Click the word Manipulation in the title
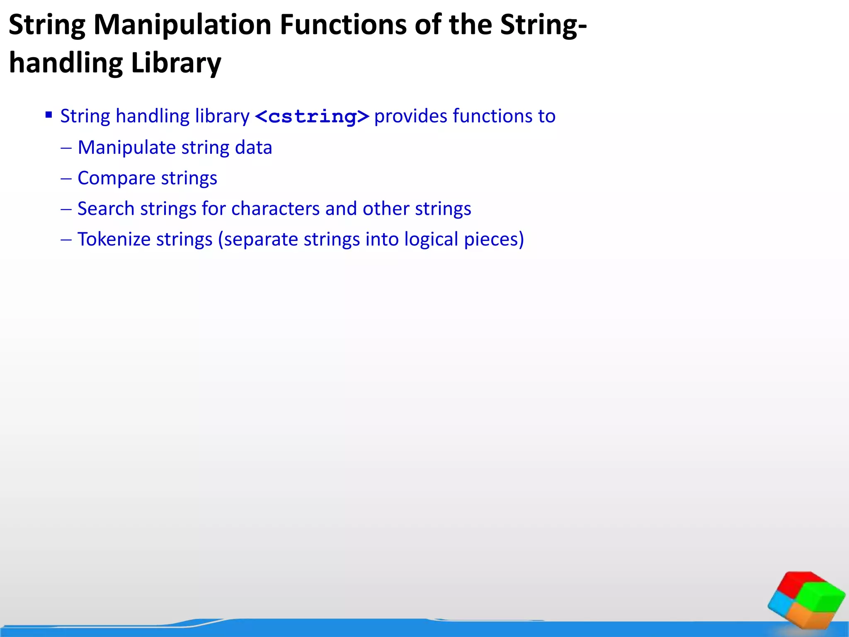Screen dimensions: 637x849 click(182, 25)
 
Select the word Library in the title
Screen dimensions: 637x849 click(176, 63)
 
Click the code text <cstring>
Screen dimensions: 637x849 click(312, 117)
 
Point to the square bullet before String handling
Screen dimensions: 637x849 click(49, 115)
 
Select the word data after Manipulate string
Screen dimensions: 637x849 click(253, 148)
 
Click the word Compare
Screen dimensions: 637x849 click(116, 178)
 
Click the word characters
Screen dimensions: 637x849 click(275, 209)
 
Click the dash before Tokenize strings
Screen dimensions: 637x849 click(66, 240)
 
